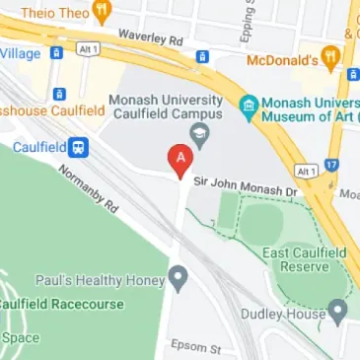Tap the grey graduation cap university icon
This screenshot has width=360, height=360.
pyautogui.click(x=202, y=134)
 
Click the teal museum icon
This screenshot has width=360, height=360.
pyautogui.click(x=249, y=105)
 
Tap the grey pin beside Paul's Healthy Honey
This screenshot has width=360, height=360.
pyautogui.click(x=178, y=278)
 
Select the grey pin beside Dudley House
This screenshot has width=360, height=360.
pyautogui.click(x=339, y=314)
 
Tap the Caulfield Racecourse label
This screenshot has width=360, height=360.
pyautogui.click(x=61, y=304)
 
